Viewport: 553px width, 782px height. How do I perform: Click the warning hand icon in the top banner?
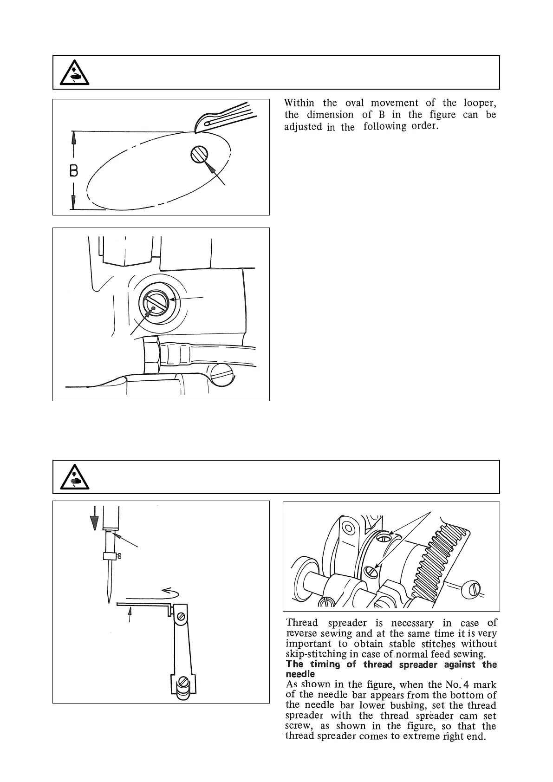tap(75, 73)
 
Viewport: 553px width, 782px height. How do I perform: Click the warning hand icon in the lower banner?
tap(75, 477)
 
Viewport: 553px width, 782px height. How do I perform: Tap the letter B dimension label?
tap(73, 171)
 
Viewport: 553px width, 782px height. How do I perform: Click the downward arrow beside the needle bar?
tap(94, 518)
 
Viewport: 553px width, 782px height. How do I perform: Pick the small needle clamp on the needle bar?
tap(110, 556)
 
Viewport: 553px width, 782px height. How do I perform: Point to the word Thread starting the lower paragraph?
tap(302, 623)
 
